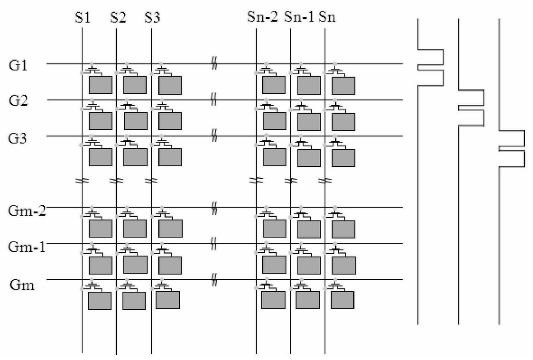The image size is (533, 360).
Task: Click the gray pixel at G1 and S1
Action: (101, 85)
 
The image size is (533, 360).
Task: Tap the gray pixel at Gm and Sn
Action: (343, 300)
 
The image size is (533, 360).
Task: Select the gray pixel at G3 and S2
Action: (135, 157)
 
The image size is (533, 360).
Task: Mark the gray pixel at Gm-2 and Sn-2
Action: (274, 229)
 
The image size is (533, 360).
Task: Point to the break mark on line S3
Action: (151, 180)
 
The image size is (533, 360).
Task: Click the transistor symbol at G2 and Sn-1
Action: (301, 105)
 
